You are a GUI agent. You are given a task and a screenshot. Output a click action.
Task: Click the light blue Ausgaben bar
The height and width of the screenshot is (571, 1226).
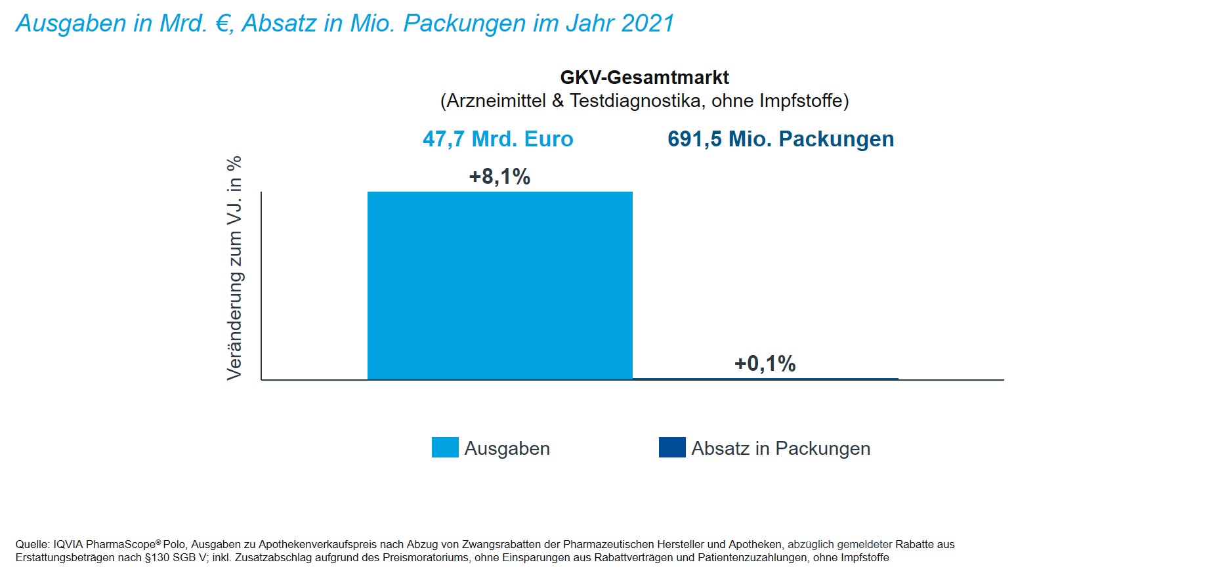pos(499,285)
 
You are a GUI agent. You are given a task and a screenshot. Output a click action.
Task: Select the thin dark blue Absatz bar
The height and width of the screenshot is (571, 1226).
pos(765,379)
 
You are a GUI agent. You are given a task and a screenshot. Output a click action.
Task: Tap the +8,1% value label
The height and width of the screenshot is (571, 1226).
pos(499,177)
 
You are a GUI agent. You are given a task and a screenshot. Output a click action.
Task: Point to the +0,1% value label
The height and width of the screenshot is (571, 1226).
pos(765,364)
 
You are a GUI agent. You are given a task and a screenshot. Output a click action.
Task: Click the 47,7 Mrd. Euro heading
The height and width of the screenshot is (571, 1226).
pos(498,139)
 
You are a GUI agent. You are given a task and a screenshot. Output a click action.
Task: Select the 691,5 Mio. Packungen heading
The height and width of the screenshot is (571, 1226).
pos(780,139)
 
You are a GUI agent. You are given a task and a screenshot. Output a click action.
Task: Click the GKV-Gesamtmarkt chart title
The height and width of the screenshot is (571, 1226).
pos(645,77)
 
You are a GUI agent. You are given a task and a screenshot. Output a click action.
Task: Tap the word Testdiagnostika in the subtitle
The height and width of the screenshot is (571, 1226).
pos(635,101)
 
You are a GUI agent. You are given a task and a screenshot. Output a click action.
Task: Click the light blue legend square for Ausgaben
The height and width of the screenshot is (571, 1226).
pos(445,448)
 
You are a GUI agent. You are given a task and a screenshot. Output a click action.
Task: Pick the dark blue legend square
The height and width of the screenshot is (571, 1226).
pos(672,448)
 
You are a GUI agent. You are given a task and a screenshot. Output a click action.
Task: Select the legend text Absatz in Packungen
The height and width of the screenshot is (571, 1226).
pos(780,449)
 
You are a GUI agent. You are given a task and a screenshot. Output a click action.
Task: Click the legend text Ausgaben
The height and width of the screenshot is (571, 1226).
pos(507,449)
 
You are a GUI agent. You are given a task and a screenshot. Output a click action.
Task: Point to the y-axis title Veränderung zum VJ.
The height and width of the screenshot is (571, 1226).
pos(235,268)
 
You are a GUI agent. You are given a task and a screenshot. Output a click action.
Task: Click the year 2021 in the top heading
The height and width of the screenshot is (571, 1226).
pos(648,24)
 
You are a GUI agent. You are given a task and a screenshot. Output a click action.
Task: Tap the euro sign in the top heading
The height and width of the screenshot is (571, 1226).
pos(223,24)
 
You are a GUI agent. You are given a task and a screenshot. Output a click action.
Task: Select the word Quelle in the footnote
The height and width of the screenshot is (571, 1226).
pos(32,545)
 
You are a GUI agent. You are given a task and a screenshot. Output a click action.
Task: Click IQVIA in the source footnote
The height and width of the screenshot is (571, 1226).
pos(68,545)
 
